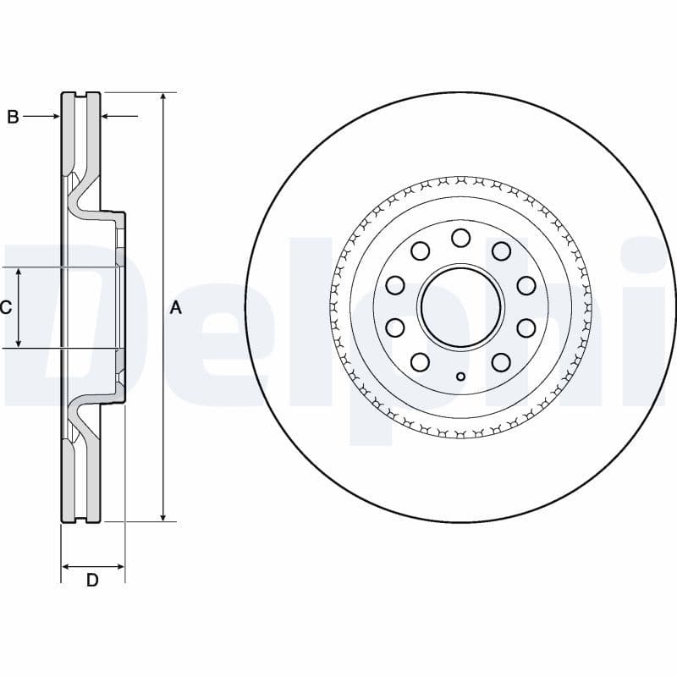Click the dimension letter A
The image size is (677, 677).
pos(176,307)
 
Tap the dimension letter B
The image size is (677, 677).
pos(13,117)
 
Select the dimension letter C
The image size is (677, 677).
pos(6,307)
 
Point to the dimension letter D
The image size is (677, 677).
pos(92,581)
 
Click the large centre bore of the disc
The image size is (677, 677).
pos(460,306)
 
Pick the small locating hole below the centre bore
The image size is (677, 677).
pos(460,377)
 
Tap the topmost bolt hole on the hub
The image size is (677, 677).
pos(460,238)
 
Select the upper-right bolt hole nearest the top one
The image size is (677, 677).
pos(501,250)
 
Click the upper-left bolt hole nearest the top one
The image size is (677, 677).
pos(420,250)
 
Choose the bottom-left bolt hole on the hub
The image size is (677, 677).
pos(420,362)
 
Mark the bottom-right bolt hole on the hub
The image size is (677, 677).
pos(501,362)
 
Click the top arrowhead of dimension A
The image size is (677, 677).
pos(164,97)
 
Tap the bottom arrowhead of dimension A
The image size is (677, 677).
pos(164,516)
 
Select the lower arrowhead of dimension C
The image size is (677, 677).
pos(19,343)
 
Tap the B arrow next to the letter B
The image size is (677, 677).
pos(55,117)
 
